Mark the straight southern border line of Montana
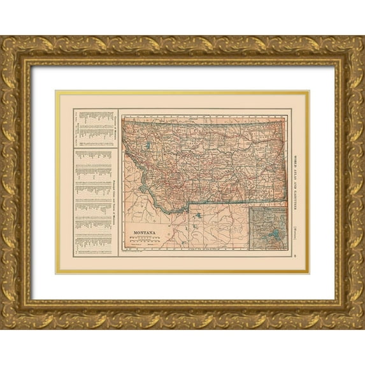coord(223,204)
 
